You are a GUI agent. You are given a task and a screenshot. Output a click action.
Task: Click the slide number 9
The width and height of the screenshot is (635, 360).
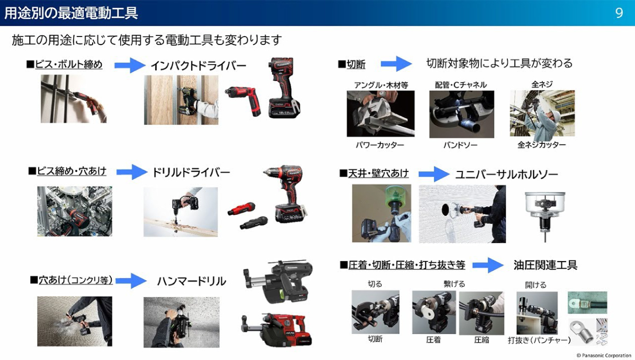tap(619, 13)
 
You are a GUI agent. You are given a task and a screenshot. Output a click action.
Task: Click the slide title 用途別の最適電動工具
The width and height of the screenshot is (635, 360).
tap(71, 13)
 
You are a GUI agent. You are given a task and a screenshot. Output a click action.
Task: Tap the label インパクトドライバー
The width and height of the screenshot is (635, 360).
tap(198, 66)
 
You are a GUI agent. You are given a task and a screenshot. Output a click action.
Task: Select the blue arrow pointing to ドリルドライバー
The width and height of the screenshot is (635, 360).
tap(132, 172)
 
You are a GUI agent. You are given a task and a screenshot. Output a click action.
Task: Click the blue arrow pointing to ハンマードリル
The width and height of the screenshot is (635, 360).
tap(131, 281)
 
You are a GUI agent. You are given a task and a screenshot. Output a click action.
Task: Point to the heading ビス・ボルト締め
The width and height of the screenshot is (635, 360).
tap(68, 65)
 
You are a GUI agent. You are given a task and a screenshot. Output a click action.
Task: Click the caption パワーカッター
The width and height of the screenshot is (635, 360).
tap(380, 145)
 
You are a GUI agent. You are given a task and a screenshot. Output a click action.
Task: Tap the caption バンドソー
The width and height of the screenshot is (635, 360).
tap(460, 145)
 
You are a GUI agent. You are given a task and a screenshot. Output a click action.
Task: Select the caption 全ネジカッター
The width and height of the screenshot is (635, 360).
tap(541, 145)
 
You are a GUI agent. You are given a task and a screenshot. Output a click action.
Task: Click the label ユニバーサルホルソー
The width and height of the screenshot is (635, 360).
tap(506, 174)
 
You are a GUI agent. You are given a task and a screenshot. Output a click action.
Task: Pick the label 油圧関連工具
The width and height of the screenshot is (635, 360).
tap(545, 265)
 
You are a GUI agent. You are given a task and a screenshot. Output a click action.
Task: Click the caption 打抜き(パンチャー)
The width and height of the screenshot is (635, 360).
tap(539, 340)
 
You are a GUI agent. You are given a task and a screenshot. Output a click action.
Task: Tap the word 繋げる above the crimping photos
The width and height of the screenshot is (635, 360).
tap(454, 284)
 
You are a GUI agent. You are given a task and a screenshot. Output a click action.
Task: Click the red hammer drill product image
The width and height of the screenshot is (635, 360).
tap(277, 330)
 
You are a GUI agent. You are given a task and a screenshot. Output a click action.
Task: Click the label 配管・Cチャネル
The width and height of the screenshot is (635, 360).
tap(461, 85)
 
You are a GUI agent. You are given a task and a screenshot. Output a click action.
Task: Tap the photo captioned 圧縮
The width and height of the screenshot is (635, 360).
tap(482, 313)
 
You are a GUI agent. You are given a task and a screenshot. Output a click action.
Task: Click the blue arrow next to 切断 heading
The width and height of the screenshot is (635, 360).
tap(396, 64)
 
